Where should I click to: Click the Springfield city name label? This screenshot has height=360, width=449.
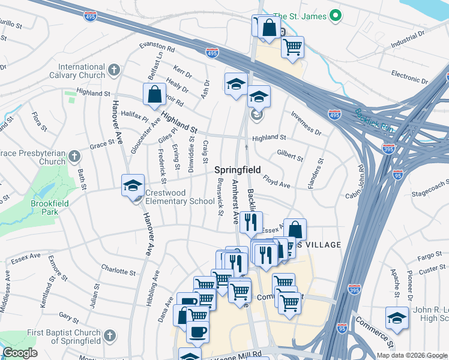pyautogui.click(x=238, y=170)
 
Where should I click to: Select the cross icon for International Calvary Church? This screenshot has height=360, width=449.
pyautogui.click(x=114, y=71)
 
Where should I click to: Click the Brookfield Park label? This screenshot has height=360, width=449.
pyautogui.click(x=52, y=208)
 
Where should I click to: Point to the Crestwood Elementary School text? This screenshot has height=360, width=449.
pyautogui.click(x=180, y=202)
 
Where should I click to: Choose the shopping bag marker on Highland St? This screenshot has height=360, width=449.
pyautogui.click(x=154, y=94)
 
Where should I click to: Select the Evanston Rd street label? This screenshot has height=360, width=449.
pyautogui.click(x=157, y=47)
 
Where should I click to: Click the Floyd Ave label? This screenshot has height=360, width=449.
pyautogui.click(x=277, y=182)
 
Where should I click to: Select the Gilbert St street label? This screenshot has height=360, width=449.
pyautogui.click(x=290, y=156)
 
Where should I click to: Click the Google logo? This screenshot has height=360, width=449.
pyautogui.click(x=20, y=353)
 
